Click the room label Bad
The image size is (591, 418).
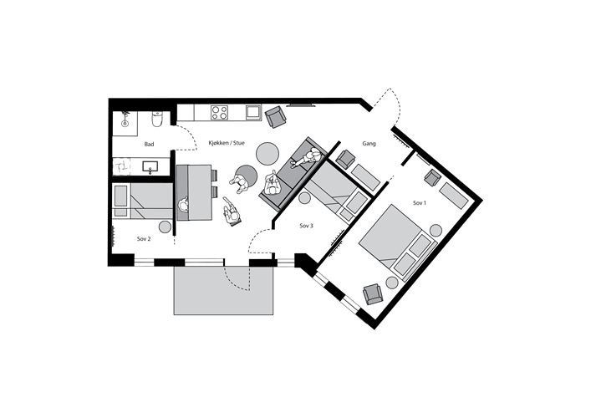tap(150, 144)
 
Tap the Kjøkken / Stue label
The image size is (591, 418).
tap(227, 143)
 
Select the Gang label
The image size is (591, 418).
tap(369, 143)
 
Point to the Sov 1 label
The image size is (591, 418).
tap(420, 203)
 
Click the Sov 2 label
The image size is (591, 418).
tap(144, 238)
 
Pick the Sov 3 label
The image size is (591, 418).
tap(306, 226)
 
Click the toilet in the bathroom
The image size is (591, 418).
tap(157, 119)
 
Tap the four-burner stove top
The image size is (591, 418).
tap(219, 112)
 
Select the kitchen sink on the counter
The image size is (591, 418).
tap(253, 112)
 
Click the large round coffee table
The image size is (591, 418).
tap(267, 153)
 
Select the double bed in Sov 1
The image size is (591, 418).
tap(397, 242)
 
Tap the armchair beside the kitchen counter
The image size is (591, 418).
tap(276, 116)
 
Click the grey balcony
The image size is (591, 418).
tap(223, 290)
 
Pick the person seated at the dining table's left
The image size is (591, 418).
tap(184, 206)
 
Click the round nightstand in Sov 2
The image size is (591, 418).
tap(165, 227)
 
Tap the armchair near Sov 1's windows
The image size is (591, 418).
tap(373, 294)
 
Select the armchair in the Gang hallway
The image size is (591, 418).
tap(345, 159)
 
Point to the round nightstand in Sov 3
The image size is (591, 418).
tap(304, 197)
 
